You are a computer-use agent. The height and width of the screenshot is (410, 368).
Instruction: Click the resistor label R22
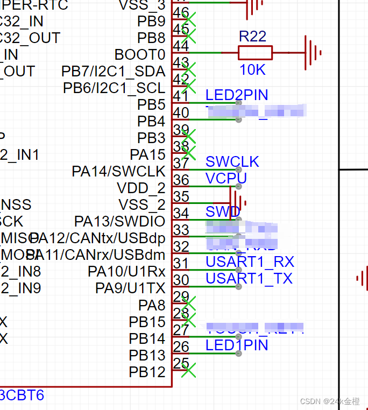252,37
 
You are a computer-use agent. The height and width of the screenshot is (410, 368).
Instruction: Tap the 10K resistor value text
252,70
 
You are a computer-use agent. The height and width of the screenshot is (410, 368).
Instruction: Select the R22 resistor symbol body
255,53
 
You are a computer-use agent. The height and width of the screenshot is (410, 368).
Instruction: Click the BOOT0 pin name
140,55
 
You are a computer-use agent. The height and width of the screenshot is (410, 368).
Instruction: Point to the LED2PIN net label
237,95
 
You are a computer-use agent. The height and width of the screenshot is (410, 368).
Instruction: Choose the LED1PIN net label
237,345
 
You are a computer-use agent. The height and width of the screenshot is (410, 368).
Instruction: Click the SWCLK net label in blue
232,161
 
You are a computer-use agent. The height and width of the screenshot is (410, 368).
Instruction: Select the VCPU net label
226,178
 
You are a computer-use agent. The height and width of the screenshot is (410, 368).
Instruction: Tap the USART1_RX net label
250,262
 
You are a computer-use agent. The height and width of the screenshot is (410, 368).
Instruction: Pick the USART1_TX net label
249,278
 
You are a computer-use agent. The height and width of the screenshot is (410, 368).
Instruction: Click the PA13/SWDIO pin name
119,221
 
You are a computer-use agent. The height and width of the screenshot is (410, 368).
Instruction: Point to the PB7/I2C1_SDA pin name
114,72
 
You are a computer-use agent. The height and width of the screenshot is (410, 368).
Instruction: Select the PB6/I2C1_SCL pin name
114,88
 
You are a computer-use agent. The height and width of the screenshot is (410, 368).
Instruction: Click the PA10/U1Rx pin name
126,272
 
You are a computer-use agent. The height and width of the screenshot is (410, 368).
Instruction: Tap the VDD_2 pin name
141,188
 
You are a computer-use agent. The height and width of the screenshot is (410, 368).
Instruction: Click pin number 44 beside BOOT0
181,46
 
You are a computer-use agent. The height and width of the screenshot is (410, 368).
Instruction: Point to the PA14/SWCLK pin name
118,172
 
